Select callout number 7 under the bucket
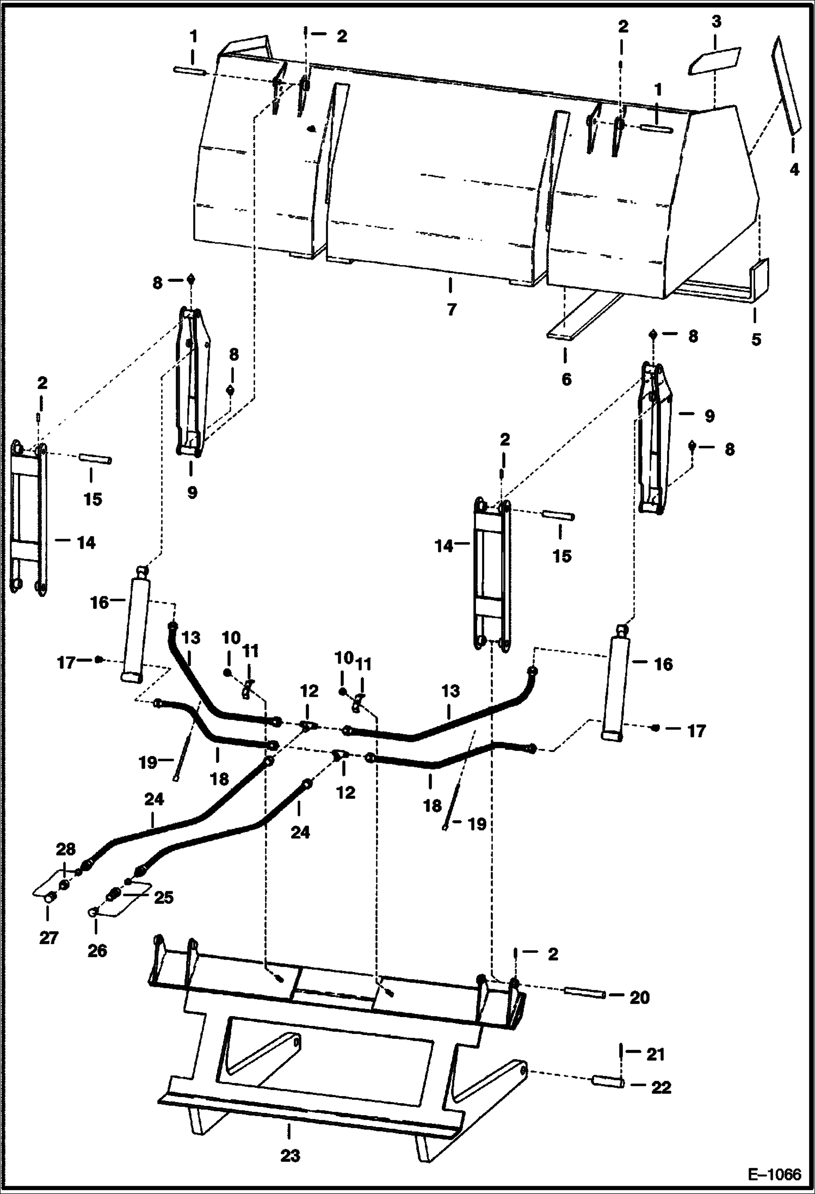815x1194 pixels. point(452,309)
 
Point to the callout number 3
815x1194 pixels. point(716,22)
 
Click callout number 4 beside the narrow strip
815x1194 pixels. point(794,169)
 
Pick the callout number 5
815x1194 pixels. point(756,339)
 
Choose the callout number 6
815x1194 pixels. point(566,379)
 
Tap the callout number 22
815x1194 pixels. point(661,1087)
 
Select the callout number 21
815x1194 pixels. point(656,1054)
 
